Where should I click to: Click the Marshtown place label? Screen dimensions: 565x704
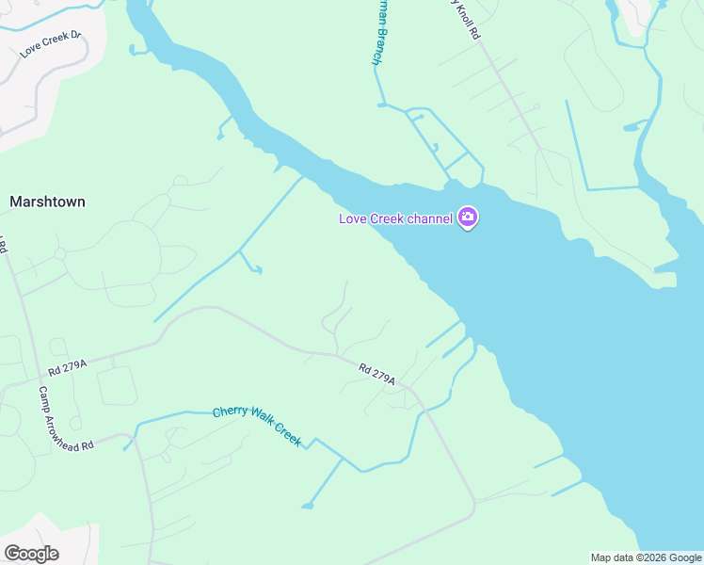47,202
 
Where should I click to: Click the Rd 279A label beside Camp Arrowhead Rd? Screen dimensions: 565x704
68,366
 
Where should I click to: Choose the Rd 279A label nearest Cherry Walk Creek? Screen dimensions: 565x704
376,373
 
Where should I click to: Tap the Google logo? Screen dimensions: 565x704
31,554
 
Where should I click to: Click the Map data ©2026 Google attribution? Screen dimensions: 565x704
646,557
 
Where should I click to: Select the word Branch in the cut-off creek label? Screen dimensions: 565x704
376,45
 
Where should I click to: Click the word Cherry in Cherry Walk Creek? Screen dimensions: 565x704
229,412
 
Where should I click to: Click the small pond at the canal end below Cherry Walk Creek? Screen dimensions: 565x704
307,507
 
